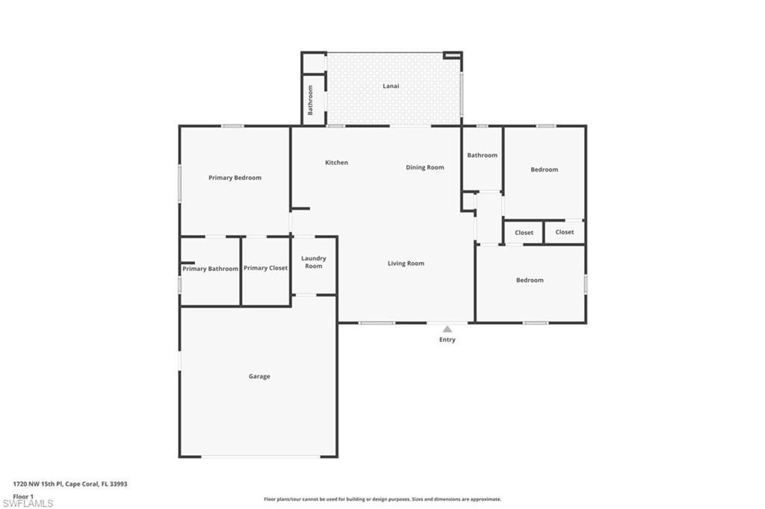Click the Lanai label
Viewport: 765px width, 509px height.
pyautogui.click(x=391, y=86)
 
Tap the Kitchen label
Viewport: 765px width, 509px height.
pyautogui.click(x=336, y=163)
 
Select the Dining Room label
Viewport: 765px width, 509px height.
pyautogui.click(x=424, y=167)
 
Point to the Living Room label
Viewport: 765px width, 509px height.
pyautogui.click(x=406, y=263)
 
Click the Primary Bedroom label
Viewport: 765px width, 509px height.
pyautogui.click(x=235, y=178)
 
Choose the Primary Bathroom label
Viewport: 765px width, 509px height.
pyautogui.click(x=210, y=269)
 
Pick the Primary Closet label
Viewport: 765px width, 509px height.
pyautogui.click(x=265, y=268)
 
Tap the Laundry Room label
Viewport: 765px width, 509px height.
pyautogui.click(x=313, y=262)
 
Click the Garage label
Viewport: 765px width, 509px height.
pyautogui.click(x=259, y=376)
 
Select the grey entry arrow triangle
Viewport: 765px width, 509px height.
pyautogui.click(x=447, y=328)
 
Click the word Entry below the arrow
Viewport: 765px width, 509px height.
pyautogui.click(x=447, y=340)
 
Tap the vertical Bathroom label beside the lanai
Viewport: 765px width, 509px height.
pyautogui.click(x=310, y=100)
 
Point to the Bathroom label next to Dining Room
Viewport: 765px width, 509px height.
pyautogui.click(x=482, y=155)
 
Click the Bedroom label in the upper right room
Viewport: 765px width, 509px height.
pyautogui.click(x=544, y=169)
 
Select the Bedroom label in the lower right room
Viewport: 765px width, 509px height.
pyautogui.click(x=530, y=280)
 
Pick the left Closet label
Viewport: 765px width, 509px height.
pyautogui.click(x=524, y=232)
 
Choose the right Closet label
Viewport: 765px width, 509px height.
pyautogui.click(x=565, y=232)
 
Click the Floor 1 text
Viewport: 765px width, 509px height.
pyautogui.click(x=23, y=496)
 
